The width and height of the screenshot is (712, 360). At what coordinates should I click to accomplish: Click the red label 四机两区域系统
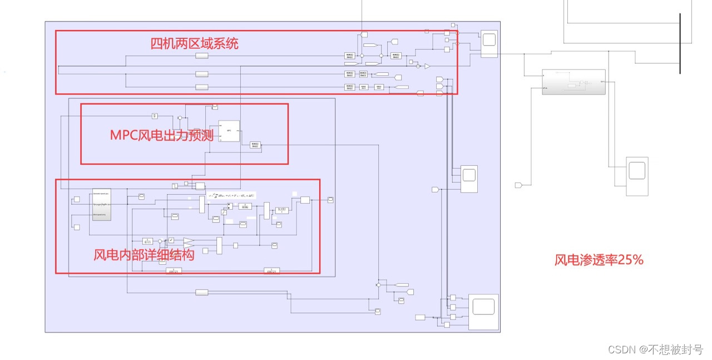coord(194,43)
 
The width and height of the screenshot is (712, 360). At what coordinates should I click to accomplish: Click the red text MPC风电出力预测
coord(161,135)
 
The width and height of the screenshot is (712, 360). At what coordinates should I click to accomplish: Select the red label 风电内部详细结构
coord(144,255)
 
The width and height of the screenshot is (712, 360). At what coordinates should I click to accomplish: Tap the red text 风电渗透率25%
coord(599,260)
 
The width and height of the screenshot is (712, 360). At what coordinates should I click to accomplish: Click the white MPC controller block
coord(229,131)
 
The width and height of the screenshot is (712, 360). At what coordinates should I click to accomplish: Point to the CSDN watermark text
coord(655,349)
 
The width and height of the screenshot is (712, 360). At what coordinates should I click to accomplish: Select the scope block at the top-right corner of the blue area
coord(489,43)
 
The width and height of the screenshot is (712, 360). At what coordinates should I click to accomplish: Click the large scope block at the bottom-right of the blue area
coord(483,312)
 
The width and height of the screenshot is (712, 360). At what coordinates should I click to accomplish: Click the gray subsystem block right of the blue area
coord(573,82)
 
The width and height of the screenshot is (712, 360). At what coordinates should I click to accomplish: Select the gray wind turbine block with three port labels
coord(101,204)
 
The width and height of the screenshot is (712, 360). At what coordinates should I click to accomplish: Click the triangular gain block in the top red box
coord(427,66)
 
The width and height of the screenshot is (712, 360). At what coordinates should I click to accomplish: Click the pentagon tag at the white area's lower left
coord(519,185)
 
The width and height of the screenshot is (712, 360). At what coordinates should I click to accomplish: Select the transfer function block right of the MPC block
coord(255,145)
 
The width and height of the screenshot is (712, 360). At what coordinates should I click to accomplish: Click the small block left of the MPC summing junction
coord(155,116)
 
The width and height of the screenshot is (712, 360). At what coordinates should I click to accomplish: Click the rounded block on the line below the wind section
coord(201,292)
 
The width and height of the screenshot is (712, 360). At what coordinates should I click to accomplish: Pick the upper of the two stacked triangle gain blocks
coord(189,240)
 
